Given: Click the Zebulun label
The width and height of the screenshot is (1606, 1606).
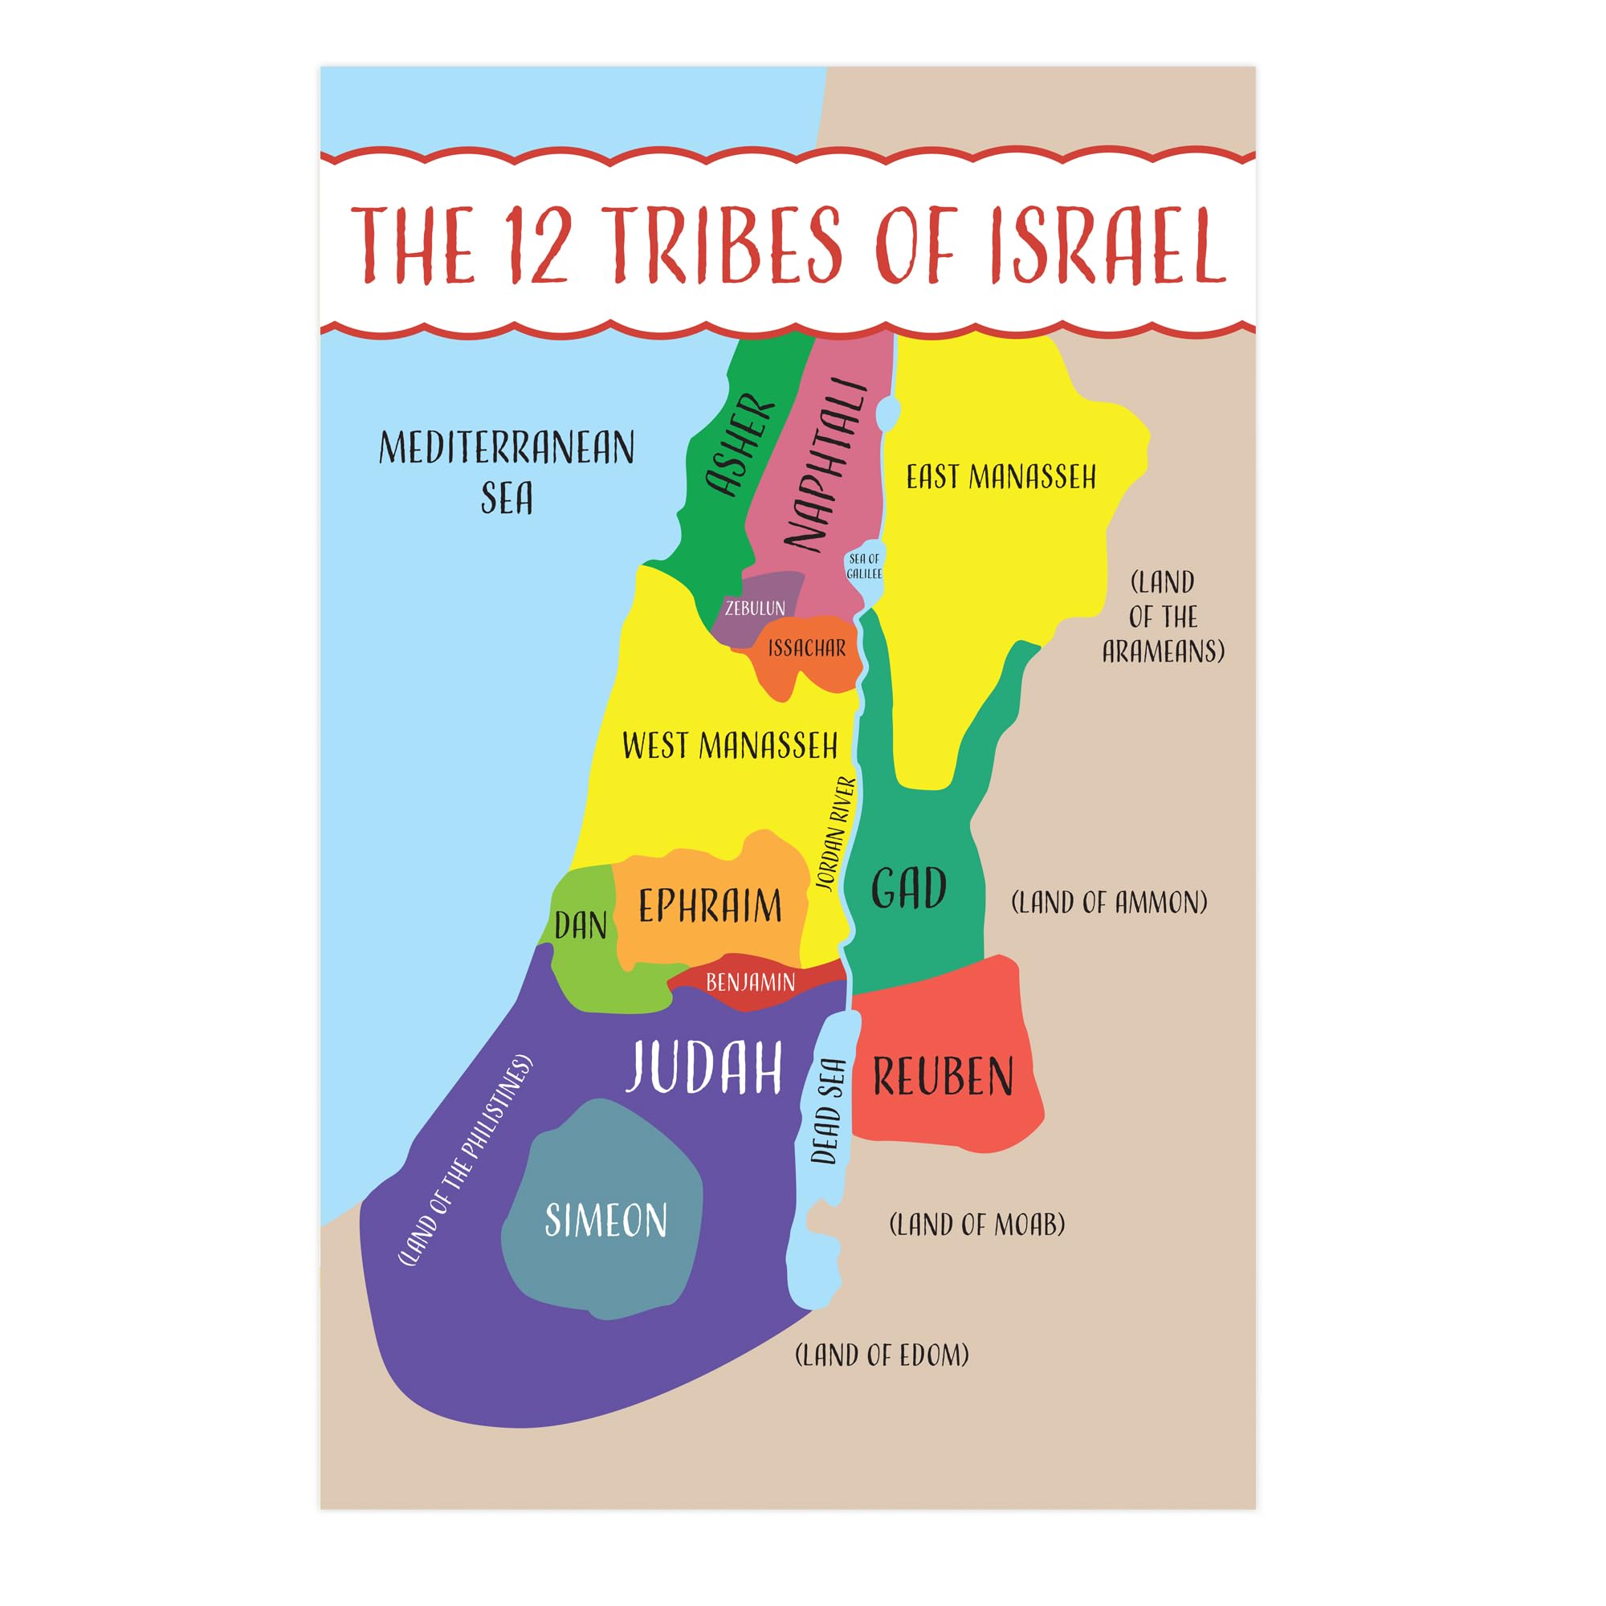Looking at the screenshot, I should [755, 608].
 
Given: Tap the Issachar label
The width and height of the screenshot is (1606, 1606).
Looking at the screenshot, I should [806, 648].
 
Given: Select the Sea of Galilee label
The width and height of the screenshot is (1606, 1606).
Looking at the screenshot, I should [864, 566].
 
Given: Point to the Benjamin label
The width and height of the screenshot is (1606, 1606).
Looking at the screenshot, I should [751, 983].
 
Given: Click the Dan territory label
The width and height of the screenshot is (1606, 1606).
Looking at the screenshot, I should [581, 925].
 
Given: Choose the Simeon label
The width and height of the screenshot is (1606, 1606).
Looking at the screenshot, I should [606, 1221].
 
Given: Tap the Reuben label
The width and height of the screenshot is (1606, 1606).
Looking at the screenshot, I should [943, 1077].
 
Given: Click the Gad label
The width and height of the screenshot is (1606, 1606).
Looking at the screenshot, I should [908, 887].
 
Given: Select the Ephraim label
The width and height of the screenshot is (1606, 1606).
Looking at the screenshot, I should [710, 905].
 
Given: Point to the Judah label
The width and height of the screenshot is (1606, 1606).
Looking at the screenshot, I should [704, 1067].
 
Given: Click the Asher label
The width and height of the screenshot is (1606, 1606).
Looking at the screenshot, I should [740, 446].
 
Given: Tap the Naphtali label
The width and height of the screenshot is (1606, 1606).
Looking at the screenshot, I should [825, 466].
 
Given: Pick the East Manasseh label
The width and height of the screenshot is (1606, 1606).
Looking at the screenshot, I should [1001, 477].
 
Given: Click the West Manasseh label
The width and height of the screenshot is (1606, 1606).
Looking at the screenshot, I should [730, 746].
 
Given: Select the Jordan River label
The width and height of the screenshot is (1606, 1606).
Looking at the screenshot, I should [835, 834].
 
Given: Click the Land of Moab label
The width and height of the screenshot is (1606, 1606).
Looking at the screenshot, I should [976, 1225].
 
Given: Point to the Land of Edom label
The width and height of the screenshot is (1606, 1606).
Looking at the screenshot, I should [882, 1355].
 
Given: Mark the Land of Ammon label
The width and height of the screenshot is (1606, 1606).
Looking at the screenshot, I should [1109, 902].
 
